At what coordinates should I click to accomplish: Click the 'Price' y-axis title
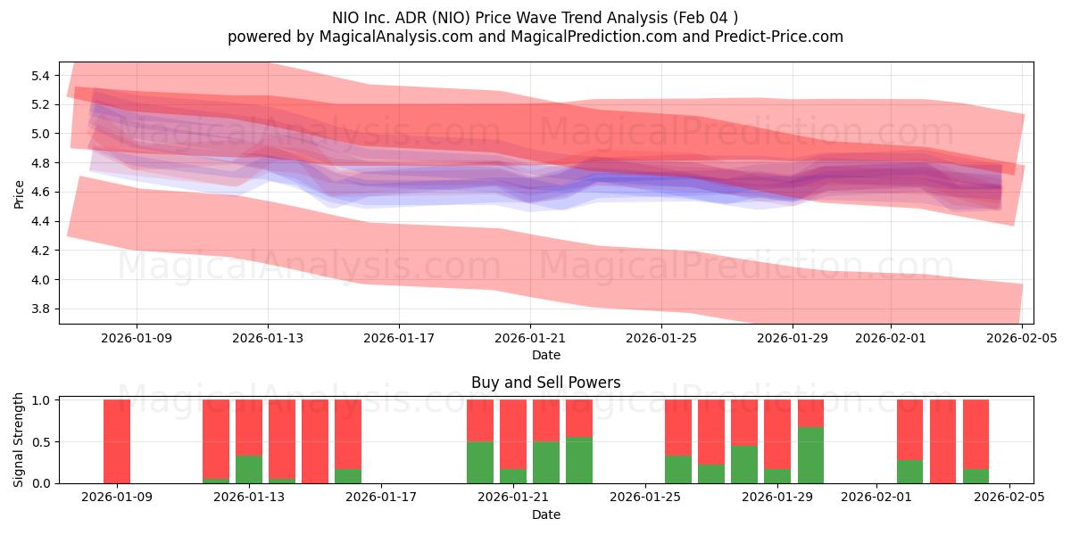pyautogui.click(x=20, y=193)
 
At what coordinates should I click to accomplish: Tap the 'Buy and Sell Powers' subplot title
pyautogui.click(x=545, y=383)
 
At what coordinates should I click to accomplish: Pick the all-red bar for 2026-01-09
pyautogui.click(x=117, y=441)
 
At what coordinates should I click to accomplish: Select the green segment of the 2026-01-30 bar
pyautogui.click(x=810, y=455)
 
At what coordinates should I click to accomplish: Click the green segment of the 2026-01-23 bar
pyautogui.click(x=579, y=460)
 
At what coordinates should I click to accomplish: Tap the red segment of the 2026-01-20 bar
pyautogui.click(x=480, y=420)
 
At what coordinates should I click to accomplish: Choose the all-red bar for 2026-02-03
pyautogui.click(x=942, y=441)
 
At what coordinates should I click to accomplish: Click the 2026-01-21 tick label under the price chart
pyautogui.click(x=530, y=339)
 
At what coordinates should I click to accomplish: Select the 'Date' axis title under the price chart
pyautogui.click(x=545, y=355)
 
